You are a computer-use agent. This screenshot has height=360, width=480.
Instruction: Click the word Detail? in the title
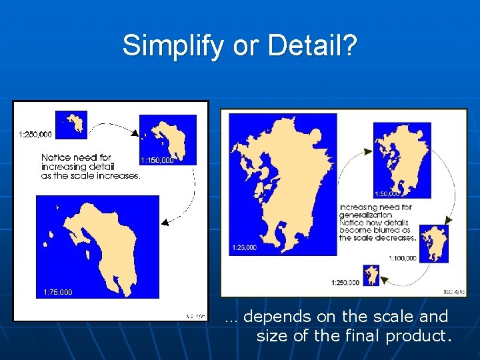(x=313, y=45)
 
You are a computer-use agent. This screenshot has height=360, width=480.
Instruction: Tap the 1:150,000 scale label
(x=157, y=160)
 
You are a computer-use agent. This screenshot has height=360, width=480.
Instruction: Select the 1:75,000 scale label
(x=58, y=292)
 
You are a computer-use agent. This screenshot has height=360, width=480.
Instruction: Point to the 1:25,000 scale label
(x=244, y=248)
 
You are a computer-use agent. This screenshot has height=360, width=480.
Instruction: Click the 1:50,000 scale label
(x=387, y=194)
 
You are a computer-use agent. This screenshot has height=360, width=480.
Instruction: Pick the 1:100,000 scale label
(x=402, y=258)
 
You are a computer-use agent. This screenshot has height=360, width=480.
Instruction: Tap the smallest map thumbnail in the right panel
(x=371, y=275)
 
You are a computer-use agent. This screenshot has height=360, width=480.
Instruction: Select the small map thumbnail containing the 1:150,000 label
(x=168, y=139)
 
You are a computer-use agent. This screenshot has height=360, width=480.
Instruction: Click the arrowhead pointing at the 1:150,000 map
(x=136, y=134)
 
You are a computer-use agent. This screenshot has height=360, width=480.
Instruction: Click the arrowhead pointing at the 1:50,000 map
(x=369, y=153)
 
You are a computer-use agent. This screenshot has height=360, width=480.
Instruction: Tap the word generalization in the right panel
(x=365, y=215)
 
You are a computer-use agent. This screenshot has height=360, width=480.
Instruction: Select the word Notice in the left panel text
(x=56, y=158)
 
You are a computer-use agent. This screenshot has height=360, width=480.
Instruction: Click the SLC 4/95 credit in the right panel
(x=453, y=292)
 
